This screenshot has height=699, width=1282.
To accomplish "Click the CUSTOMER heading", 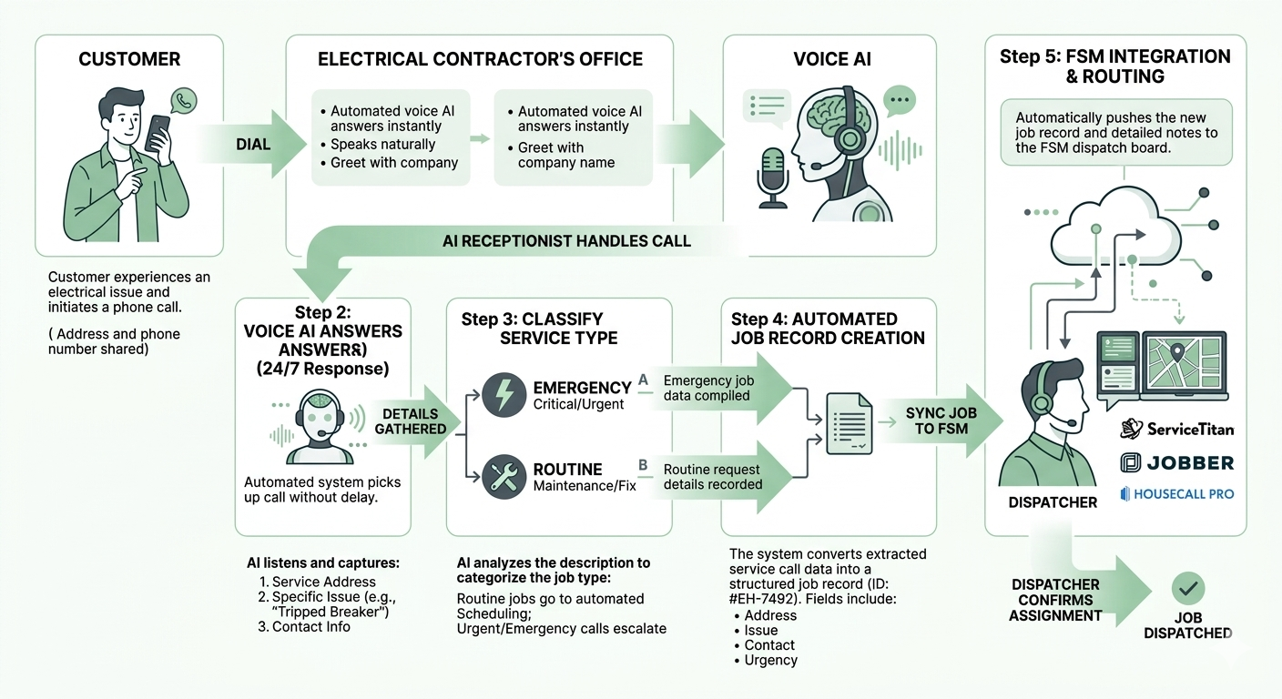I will pyautogui.click(x=129, y=59).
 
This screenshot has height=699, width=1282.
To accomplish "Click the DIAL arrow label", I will pyautogui.click(x=253, y=144).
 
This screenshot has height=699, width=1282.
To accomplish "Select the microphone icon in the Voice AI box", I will pyautogui.click(x=773, y=172).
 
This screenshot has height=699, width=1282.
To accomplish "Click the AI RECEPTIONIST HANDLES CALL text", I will pyautogui.click(x=566, y=241).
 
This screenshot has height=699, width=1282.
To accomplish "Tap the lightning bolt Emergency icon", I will pyautogui.click(x=503, y=395).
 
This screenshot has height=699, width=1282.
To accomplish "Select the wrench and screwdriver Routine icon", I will pyautogui.click(x=503, y=476).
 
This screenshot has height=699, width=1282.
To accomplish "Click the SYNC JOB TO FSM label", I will pyautogui.click(x=941, y=420).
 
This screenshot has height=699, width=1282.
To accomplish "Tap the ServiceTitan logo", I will pyautogui.click(x=1176, y=428).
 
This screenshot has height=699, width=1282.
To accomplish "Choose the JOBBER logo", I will pyautogui.click(x=1176, y=462).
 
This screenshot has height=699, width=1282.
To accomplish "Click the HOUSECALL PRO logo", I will pyautogui.click(x=1176, y=494).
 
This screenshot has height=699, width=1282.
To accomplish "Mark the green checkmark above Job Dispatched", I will pyautogui.click(x=1187, y=590).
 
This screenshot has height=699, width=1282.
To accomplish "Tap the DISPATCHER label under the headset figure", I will pyautogui.click(x=1053, y=502).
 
